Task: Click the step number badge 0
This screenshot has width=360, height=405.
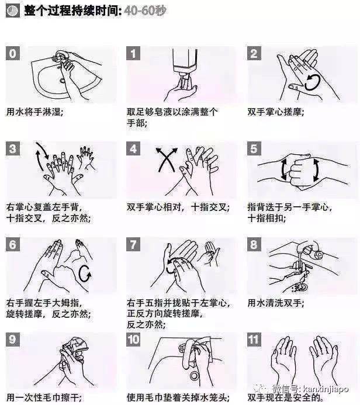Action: pos(13,53)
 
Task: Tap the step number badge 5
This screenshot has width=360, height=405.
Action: pos(254,148)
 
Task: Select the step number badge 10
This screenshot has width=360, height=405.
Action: pos(133,340)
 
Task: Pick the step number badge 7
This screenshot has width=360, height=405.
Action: pos(133,244)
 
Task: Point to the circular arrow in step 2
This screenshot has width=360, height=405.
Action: pos(312,82)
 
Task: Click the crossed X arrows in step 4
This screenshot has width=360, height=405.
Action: pos(167,160)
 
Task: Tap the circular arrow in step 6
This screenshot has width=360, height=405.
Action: pos(85,274)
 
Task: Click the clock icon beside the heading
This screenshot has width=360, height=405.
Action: pos(13,11)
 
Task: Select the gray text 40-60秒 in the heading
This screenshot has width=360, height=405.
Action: pos(145,11)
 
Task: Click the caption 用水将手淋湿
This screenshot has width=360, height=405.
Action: pos(34,112)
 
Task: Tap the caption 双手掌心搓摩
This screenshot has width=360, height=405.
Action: pos(276,112)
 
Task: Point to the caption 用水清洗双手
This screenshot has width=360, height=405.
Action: pos(276,303)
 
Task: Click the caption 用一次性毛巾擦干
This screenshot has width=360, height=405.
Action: pos(44,397)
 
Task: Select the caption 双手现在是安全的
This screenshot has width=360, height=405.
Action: pos(285,397)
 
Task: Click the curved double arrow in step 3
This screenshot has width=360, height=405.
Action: pos(42,156)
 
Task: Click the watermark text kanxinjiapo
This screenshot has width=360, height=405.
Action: pos(326,389)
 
